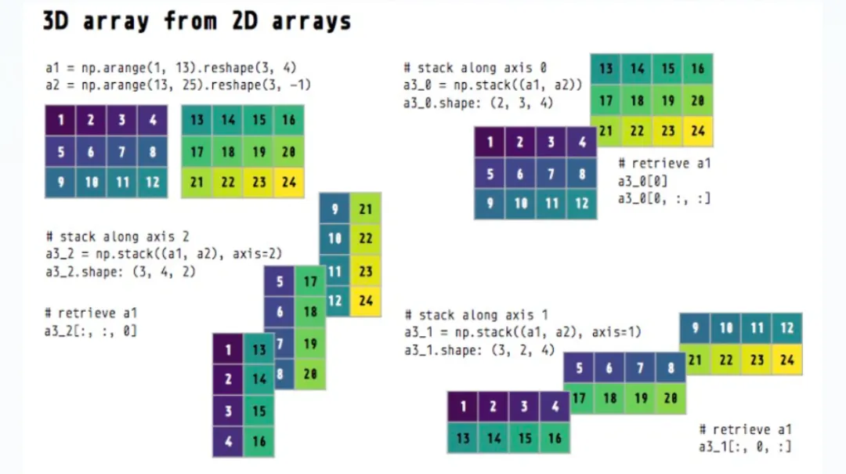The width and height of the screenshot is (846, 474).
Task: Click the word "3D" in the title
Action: pyautogui.click(x=60, y=20)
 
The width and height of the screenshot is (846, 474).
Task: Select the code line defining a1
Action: pyautogui.click(x=171, y=68)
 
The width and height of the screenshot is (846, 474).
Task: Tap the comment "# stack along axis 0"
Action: pyautogui.click(x=475, y=68)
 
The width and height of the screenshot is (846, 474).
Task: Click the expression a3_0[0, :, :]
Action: pyautogui.click(x=664, y=198)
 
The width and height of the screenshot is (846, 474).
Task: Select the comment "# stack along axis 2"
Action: pyautogui.click(x=117, y=236)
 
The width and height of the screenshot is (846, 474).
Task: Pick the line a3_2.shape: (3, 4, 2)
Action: pyautogui.click(x=121, y=272)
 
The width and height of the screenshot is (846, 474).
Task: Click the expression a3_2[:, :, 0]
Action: pyautogui.click(x=91, y=331)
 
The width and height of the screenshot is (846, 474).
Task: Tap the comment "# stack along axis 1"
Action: pyautogui.click(x=475, y=315)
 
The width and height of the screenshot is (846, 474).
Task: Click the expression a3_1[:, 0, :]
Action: pyautogui.click(x=745, y=447)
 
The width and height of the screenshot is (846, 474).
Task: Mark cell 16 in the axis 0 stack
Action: pyautogui.click(x=697, y=69)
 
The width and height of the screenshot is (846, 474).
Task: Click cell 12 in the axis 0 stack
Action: pyautogui.click(x=580, y=203)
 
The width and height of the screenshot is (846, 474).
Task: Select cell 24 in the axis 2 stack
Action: pyautogui.click(x=366, y=300)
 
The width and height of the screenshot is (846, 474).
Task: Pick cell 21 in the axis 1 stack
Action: pyautogui.click(x=694, y=360)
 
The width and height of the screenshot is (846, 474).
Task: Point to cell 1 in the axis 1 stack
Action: pyautogui.click(x=463, y=407)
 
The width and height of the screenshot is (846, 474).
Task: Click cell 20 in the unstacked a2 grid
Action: pyautogui.click(x=288, y=151)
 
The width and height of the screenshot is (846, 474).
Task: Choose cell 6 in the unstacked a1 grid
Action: pyautogui.click(x=91, y=151)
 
